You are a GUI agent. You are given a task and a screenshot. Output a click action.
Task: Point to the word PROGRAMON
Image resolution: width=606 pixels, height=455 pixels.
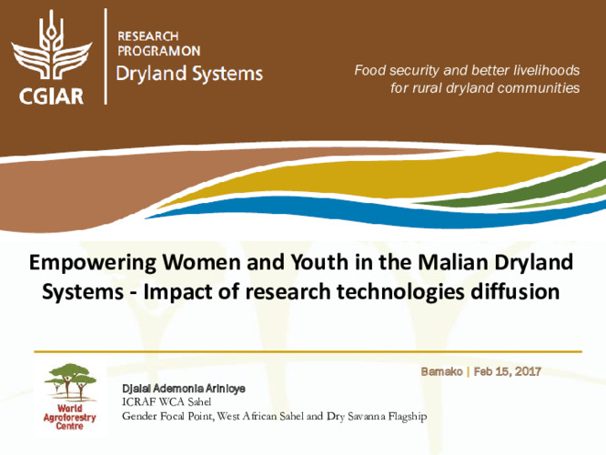point(159,51)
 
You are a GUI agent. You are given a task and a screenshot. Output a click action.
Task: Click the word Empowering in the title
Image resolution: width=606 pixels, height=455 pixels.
point(85,263)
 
